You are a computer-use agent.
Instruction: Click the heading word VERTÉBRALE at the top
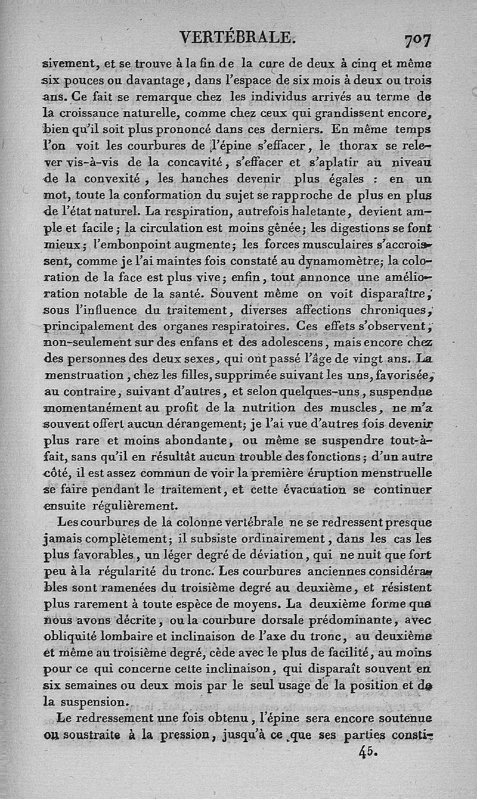pos(238,38)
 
